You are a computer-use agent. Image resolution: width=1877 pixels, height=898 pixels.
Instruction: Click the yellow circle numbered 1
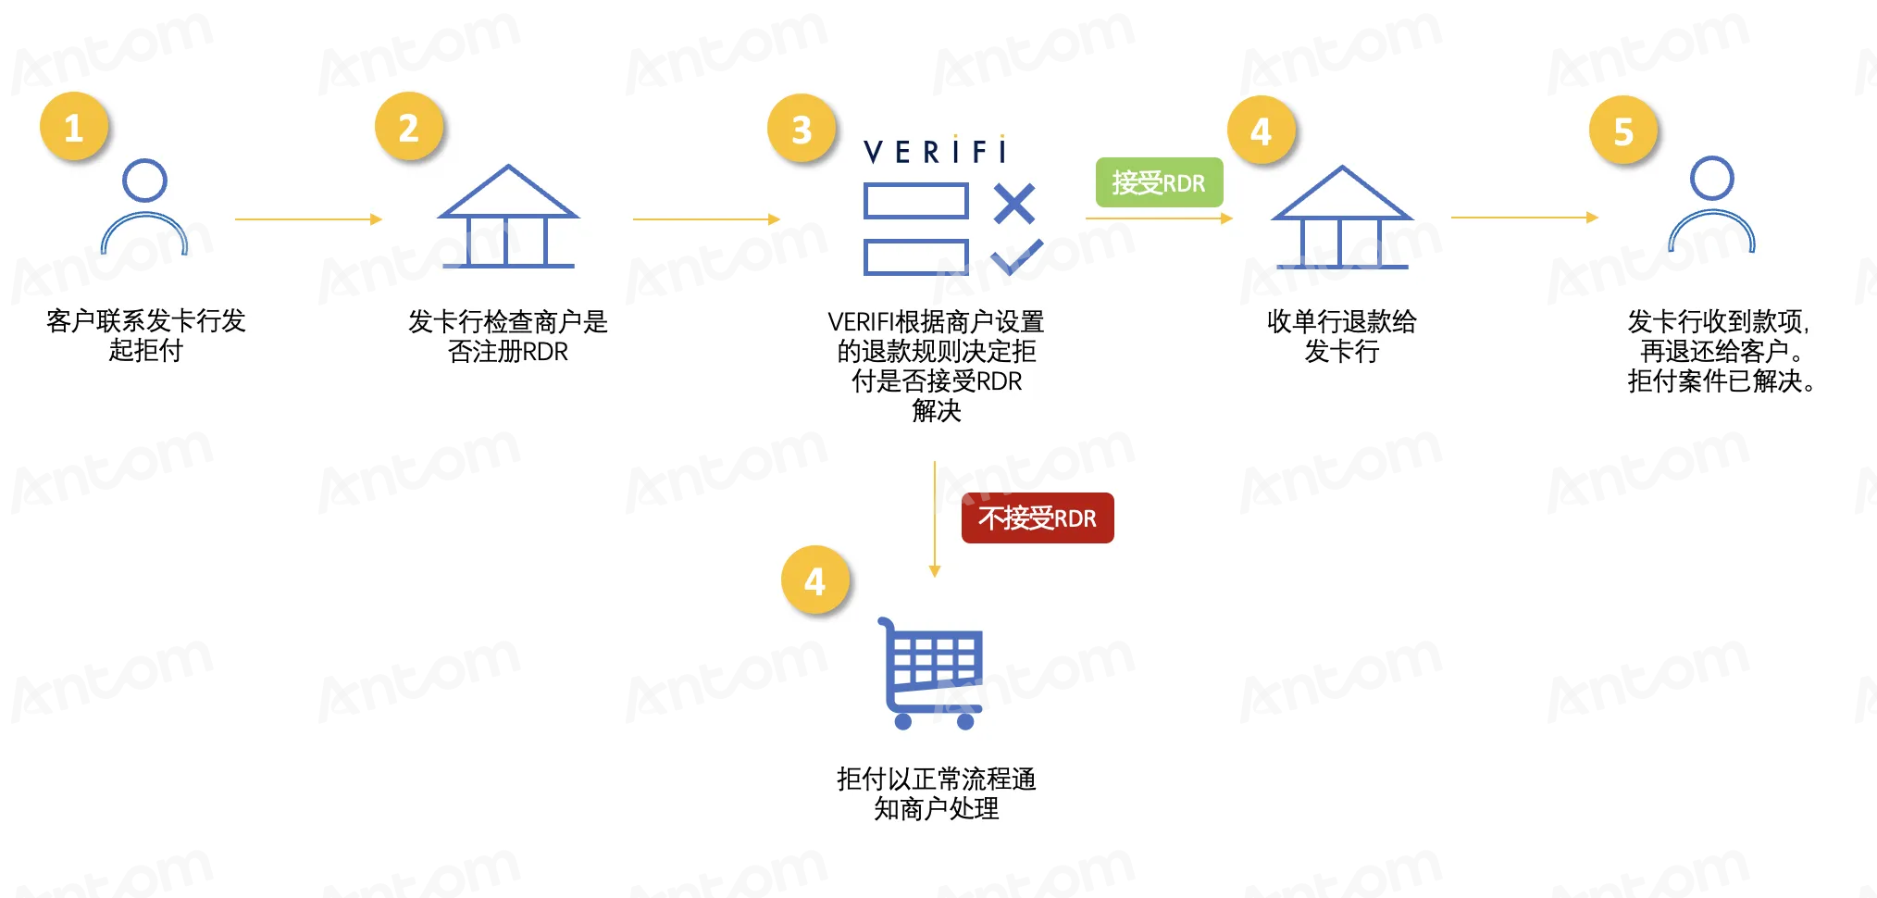(x=74, y=127)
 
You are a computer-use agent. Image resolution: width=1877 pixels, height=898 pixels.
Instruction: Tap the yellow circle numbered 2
(x=409, y=127)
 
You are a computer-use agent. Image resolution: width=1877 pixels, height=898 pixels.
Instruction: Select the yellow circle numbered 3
(x=802, y=129)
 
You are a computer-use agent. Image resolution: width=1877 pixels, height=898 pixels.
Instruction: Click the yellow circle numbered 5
(x=1623, y=131)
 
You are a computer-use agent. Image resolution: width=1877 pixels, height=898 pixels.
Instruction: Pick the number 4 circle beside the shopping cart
(x=815, y=580)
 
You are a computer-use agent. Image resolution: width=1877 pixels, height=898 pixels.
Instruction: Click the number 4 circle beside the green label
(x=1262, y=131)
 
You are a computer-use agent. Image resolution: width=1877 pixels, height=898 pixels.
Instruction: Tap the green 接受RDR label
(x=1159, y=182)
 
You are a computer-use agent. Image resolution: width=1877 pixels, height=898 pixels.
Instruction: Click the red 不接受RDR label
(x=1038, y=518)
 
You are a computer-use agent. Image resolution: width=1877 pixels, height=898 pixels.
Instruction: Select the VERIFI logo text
(x=935, y=150)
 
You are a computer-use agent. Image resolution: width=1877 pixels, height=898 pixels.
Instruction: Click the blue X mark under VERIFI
(x=1014, y=204)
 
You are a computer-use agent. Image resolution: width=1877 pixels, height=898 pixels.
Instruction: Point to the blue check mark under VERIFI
(x=1017, y=256)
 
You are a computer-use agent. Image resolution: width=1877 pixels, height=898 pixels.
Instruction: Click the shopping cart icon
(x=930, y=673)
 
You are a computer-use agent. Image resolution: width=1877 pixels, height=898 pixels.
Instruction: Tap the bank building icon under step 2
(x=508, y=217)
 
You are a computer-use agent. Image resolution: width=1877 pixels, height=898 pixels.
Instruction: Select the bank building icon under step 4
(x=1342, y=218)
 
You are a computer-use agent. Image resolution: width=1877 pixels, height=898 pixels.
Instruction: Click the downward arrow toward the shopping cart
(x=935, y=519)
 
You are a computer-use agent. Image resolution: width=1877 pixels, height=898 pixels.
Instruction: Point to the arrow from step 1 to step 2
(x=308, y=219)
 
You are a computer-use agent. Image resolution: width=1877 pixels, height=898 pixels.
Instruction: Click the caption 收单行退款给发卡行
(x=1342, y=336)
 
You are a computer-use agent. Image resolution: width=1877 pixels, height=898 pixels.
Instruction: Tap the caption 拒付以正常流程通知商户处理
(x=937, y=793)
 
